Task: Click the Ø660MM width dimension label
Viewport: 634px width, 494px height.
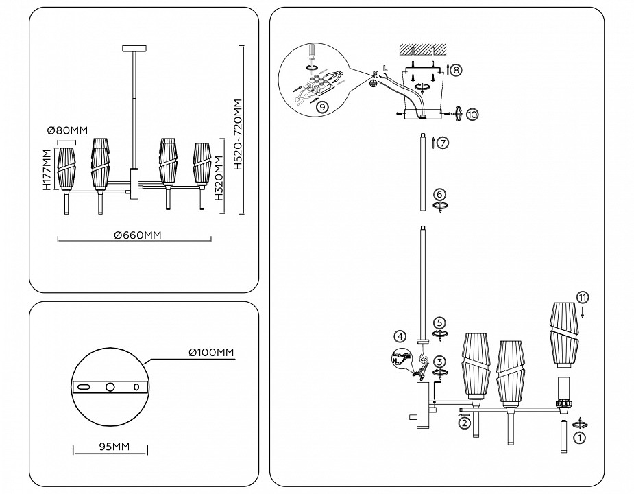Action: pyautogui.click(x=138, y=235)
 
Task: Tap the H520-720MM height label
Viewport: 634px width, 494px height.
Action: pyautogui.click(x=238, y=134)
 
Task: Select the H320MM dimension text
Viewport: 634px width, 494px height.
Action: pyautogui.click(x=218, y=177)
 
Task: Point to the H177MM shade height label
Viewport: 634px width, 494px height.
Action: pyautogui.click(x=46, y=169)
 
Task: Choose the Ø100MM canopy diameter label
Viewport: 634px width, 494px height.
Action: pyautogui.click(x=212, y=353)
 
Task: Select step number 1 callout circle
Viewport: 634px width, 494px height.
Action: pyautogui.click(x=579, y=436)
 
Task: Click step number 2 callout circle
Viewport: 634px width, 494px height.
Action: pyautogui.click(x=465, y=423)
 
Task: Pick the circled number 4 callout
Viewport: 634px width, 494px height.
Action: pyautogui.click(x=399, y=336)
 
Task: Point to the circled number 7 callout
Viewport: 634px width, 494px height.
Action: pyautogui.click(x=442, y=143)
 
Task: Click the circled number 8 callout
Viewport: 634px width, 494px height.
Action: pyautogui.click(x=456, y=70)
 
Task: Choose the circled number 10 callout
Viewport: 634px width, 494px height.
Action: pyautogui.click(x=473, y=114)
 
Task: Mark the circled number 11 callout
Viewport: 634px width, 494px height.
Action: pyautogui.click(x=582, y=297)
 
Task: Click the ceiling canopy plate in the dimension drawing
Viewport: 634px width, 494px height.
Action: pyautogui.click(x=134, y=48)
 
